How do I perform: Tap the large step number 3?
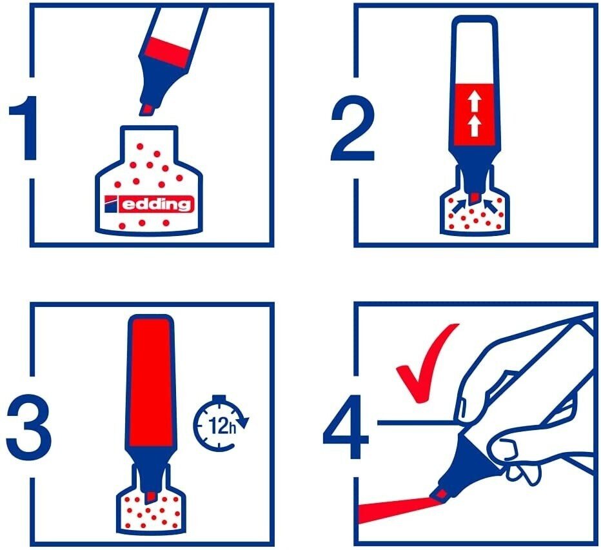(29, 428)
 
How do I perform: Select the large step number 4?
(346, 427)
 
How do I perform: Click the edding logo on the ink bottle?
(149, 204)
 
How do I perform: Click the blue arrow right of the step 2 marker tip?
(491, 206)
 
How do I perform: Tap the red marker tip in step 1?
(147, 109)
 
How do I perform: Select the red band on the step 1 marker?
(168, 50)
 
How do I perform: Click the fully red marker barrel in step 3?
(150, 382)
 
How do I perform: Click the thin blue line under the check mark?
(417, 423)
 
